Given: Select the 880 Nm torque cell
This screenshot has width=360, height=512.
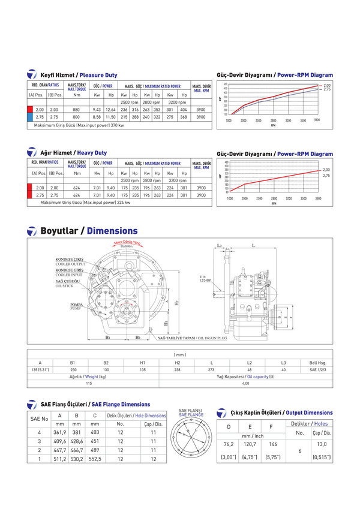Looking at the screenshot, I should [76, 110].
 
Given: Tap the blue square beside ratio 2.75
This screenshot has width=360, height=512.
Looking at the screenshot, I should [30, 118].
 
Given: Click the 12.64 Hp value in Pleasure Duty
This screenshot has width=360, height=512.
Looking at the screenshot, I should [110, 110].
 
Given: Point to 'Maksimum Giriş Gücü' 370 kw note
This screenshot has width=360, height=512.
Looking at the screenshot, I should [79, 125].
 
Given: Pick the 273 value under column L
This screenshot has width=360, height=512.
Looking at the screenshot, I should [211, 370].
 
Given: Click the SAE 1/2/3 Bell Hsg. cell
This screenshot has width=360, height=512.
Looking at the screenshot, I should [317, 370].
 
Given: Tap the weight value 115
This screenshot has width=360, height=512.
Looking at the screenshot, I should [89, 383].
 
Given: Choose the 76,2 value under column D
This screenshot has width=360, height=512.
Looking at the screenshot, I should [228, 444].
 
